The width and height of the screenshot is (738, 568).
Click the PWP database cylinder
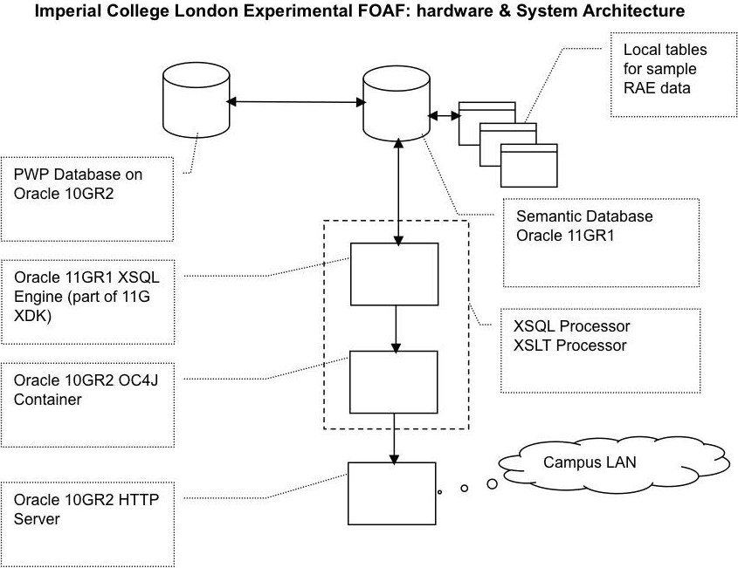[x=195, y=103]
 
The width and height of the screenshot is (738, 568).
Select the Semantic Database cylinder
[x=396, y=103]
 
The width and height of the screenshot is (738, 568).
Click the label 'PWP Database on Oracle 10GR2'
[x=78, y=183]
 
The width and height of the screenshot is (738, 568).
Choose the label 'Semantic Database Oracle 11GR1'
[x=583, y=225]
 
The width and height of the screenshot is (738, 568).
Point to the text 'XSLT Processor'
[x=569, y=345]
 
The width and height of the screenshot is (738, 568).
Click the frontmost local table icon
[x=528, y=166]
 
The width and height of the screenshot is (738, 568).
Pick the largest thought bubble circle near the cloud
[x=492, y=483]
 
